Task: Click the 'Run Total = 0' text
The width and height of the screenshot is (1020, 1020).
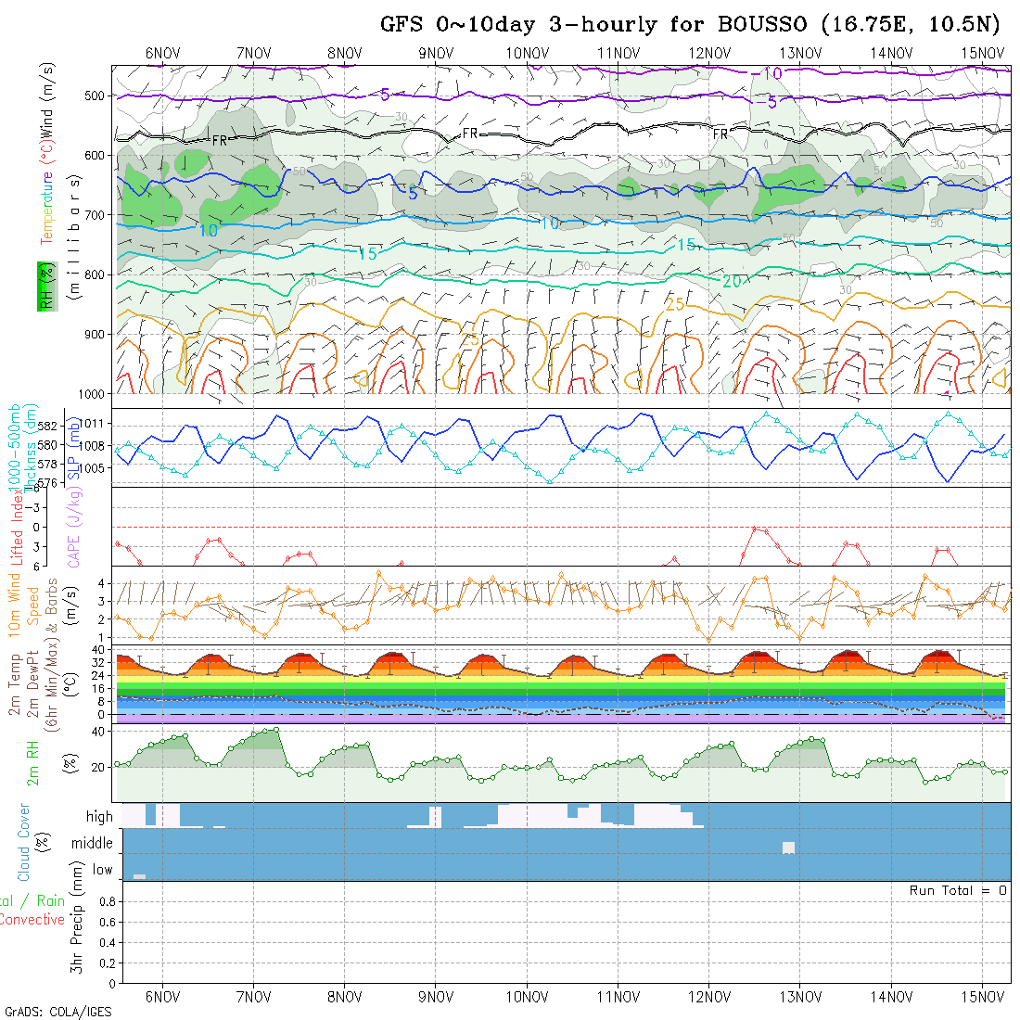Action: [x=958, y=890]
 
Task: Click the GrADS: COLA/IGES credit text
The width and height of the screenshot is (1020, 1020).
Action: [x=57, y=1012]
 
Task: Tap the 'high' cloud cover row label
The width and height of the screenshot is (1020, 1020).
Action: [x=99, y=817]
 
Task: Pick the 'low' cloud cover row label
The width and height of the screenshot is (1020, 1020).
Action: [x=102, y=870]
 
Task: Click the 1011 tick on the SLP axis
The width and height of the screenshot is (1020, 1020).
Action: [x=96, y=424]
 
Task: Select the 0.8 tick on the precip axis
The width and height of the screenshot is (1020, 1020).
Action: [x=105, y=901]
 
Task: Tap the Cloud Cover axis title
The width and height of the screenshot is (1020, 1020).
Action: [x=23, y=842]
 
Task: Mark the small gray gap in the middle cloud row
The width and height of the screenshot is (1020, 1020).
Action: [x=788, y=848]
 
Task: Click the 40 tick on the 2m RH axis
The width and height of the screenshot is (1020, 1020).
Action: [x=104, y=732]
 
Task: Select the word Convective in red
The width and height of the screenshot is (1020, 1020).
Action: [x=32, y=920]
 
